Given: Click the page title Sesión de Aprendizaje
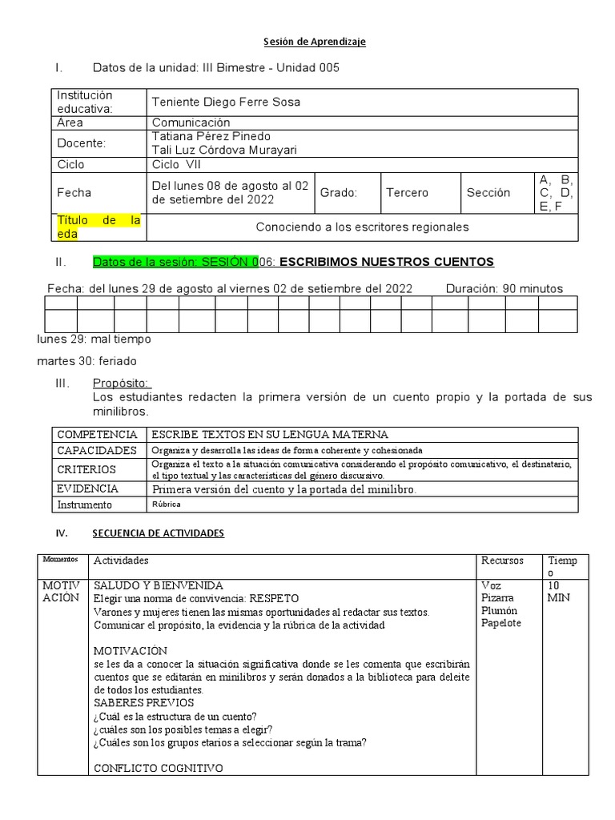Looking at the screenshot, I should [315, 42].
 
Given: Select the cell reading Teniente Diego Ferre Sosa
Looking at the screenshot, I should [227, 102].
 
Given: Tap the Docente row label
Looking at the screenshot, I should [82, 143].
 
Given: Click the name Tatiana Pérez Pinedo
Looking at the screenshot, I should [211, 136].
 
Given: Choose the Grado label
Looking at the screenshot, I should [339, 193].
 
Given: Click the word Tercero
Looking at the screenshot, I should [407, 193].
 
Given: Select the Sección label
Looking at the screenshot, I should [488, 193].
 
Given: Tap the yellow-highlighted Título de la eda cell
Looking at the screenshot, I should [98, 227].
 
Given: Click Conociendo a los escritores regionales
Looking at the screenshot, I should [362, 227].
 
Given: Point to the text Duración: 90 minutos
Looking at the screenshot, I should [504, 288].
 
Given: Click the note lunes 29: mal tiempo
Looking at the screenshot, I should [94, 339].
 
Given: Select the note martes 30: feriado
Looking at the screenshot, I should [87, 361].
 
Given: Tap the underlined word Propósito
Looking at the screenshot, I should [122, 384].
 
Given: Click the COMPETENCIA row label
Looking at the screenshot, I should [98, 434].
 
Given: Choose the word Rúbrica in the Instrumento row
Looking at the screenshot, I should [167, 504].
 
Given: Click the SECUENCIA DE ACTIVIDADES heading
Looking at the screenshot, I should [159, 533].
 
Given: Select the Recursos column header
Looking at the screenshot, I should [502, 561].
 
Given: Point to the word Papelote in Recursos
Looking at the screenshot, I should [501, 624].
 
